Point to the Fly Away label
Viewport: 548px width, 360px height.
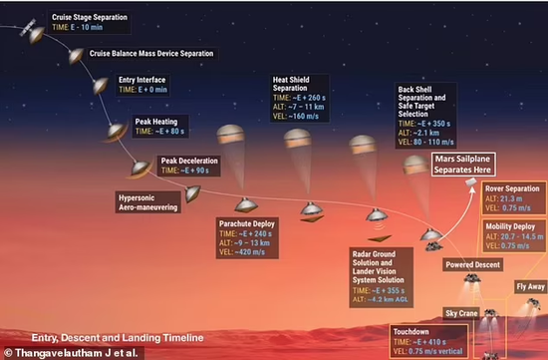529,286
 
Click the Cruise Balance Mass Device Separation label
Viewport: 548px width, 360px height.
151,54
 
